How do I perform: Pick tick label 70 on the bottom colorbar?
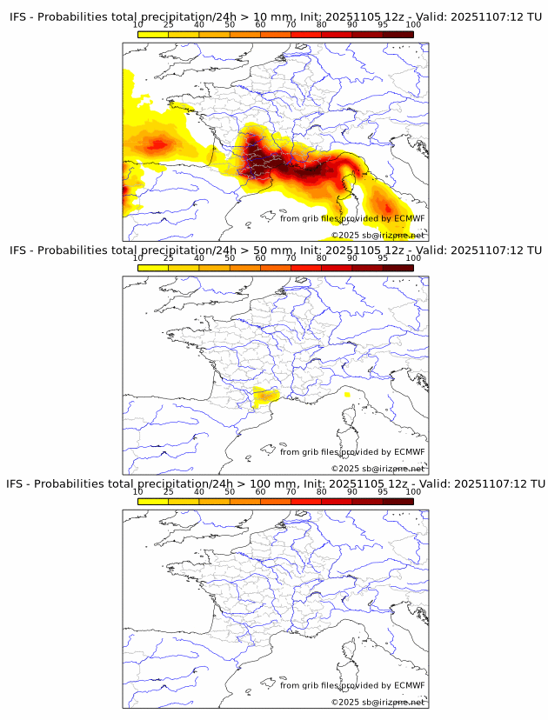[x=291, y=491]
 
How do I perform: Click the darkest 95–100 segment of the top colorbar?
[x=398, y=34]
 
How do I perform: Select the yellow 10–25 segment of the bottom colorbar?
[x=153, y=501]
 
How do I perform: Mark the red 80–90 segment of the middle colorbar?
[x=337, y=268]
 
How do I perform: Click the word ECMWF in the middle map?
[x=409, y=452]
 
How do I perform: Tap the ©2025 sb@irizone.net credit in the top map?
[x=378, y=236]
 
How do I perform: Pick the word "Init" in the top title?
[x=308, y=17]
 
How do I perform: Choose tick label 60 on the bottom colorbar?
[x=260, y=491]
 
